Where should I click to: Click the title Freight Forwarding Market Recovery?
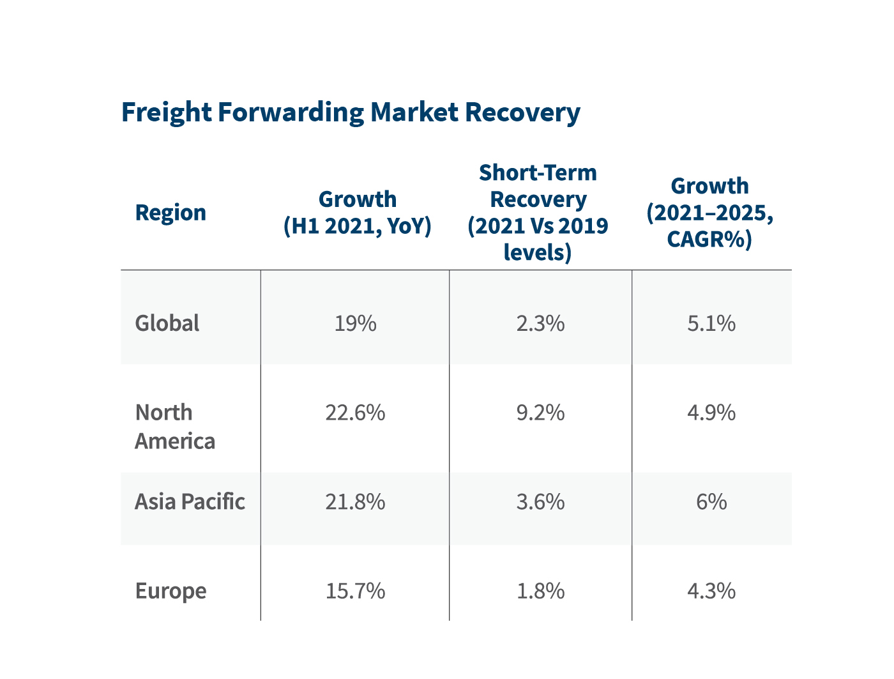tap(351, 112)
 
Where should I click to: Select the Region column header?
tap(170, 213)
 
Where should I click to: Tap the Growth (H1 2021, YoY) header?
tap(357, 213)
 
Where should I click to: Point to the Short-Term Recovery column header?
tap(538, 213)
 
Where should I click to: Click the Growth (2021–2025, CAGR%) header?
tap(709, 213)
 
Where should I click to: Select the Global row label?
tap(167, 323)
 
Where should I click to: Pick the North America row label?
tap(174, 427)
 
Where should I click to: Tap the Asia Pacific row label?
tap(190, 502)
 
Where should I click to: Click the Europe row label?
tap(170, 591)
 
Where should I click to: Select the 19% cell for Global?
tap(356, 324)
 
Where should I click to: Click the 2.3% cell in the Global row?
tap(540, 324)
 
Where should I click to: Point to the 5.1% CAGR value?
tap(711, 324)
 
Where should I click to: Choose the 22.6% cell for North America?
tap(356, 413)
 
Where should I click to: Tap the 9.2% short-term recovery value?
tap(540, 413)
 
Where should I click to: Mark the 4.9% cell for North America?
tap(711, 413)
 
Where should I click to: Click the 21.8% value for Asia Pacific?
tap(356, 502)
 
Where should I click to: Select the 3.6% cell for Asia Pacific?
tap(540, 502)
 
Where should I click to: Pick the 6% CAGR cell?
tap(711, 502)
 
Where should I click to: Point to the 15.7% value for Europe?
tap(356, 591)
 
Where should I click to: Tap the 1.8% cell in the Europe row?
tap(540, 591)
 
